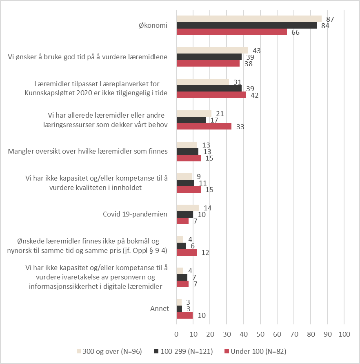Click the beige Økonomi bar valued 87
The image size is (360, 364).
pyautogui.click(x=249, y=19)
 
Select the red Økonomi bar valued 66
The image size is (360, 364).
pyautogui.click(x=232, y=32)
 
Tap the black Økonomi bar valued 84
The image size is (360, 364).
pyautogui.click(x=247, y=25)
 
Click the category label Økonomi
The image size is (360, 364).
pyautogui.click(x=153, y=25)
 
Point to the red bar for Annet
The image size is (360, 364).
pyautogui.click(x=184, y=315)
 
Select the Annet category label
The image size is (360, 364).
pyautogui.click(x=160, y=308)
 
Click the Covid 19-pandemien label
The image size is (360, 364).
pyautogui.click(x=135, y=214)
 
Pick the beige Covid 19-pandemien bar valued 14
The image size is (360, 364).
pyautogui.click(x=188, y=208)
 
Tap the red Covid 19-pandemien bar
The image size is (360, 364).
pyautogui.click(x=182, y=221)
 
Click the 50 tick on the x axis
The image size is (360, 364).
pyautogui.click(x=260, y=334)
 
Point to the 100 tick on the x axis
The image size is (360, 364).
pyautogui.click(x=344, y=334)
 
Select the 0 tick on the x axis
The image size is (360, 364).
pyautogui.click(x=176, y=334)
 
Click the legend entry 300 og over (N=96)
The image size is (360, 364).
pyautogui.click(x=109, y=351)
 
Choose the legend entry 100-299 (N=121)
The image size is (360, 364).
pyautogui.click(x=184, y=351)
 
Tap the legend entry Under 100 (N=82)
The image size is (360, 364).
pyautogui.click(x=256, y=351)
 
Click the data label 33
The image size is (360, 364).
pyautogui.click(x=240, y=127)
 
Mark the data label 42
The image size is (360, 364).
pyautogui.click(x=254, y=95)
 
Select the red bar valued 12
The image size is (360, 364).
pyautogui.click(x=187, y=252)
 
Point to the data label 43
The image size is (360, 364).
pyautogui.click(x=257, y=51)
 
